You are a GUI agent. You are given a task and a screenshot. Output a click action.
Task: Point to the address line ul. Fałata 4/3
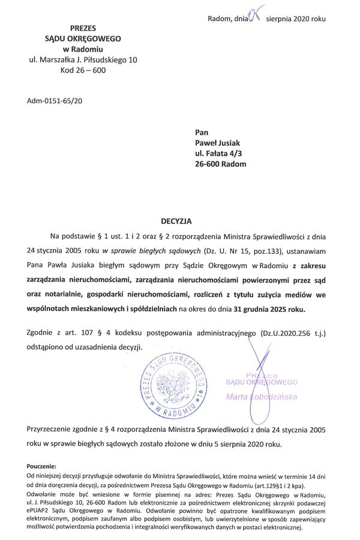[x=217, y=153]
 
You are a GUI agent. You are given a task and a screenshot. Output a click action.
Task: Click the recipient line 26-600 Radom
[x=220, y=164]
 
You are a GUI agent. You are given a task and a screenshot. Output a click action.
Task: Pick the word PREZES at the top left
[x=83, y=28]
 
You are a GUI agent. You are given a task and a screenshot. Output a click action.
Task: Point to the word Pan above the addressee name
[x=202, y=131]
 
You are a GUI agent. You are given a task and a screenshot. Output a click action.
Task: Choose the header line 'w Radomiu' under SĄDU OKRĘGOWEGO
[x=83, y=49]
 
